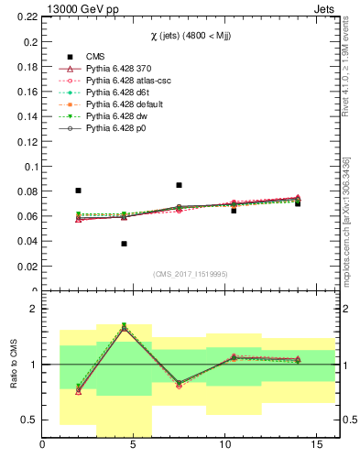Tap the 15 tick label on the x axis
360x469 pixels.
point(317,445)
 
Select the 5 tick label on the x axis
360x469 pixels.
point(134,445)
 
